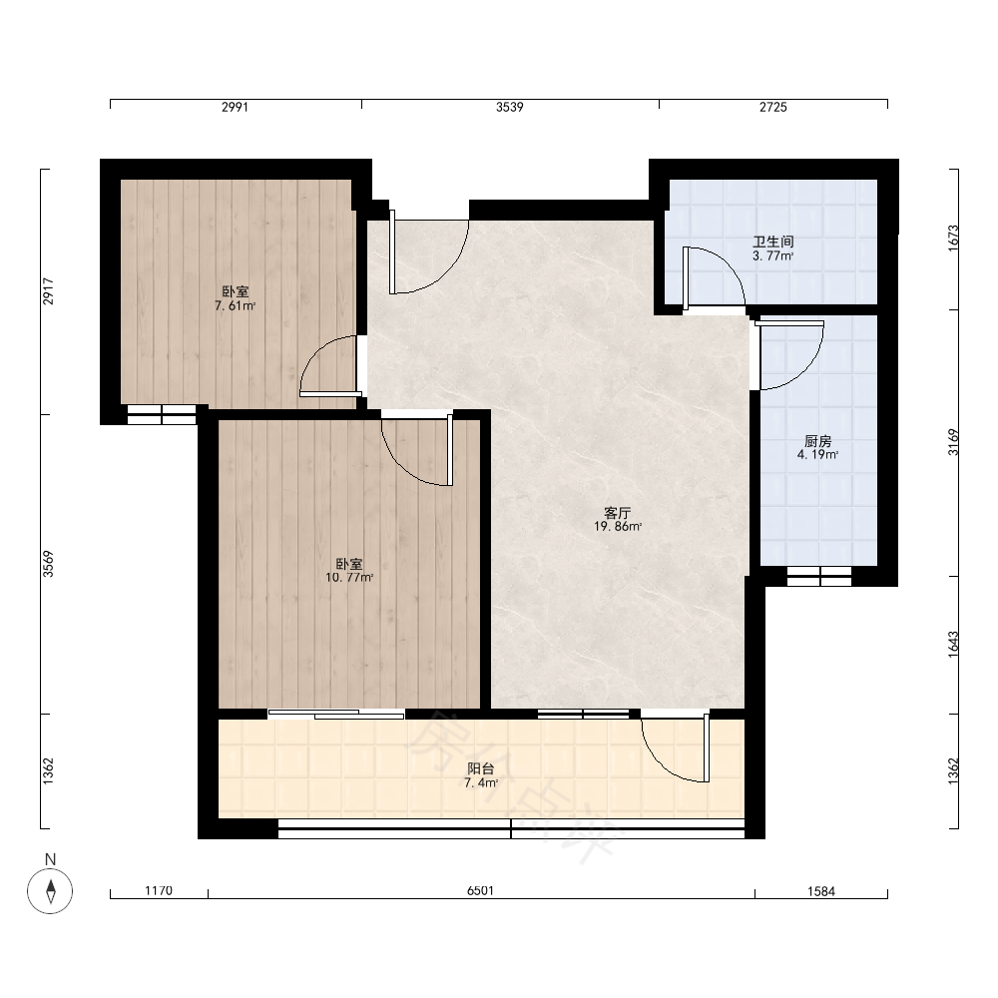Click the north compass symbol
50,890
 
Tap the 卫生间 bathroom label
773,242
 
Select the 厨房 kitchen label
818,441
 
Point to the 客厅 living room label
618,513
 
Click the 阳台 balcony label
481,769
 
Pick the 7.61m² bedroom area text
236,306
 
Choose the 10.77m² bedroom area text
349,578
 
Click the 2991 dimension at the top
235,107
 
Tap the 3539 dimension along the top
510,107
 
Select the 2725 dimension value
773,107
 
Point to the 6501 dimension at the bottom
481,890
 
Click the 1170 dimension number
159,890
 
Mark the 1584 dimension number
821,891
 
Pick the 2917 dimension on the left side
48,291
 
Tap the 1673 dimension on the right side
953,239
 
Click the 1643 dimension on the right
953,644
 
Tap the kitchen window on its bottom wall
819,576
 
